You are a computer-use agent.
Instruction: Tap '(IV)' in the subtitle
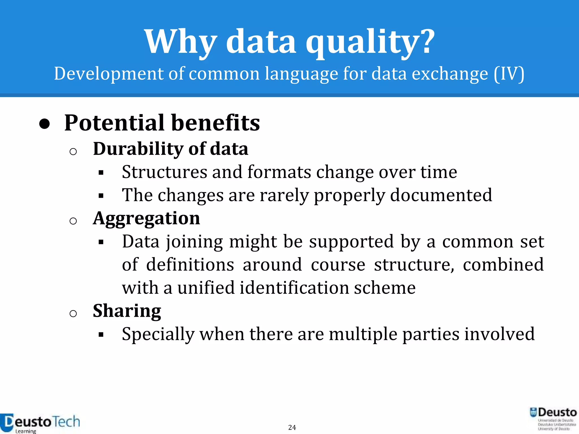tap(509, 74)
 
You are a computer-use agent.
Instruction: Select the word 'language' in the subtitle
tap(301, 74)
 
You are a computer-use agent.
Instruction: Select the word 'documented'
tap(441, 195)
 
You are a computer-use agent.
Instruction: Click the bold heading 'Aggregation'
tap(146, 219)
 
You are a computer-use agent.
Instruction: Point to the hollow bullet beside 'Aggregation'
tap(73, 221)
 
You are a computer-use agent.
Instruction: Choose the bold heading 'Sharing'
tap(127, 311)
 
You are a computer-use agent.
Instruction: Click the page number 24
tap(292, 428)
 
